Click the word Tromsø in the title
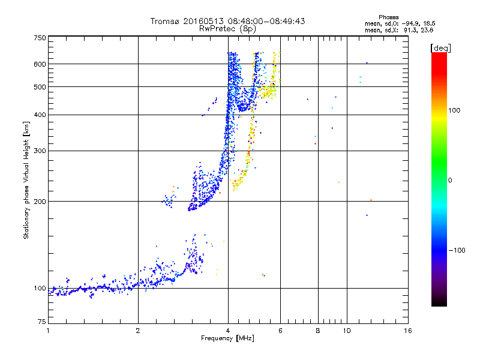coord(165,21)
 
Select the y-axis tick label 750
coord(40,38)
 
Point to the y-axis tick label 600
coord(40,64)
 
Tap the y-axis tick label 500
coord(40,87)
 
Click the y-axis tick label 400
coord(40,115)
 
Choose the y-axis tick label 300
coord(40,151)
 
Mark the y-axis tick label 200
coord(40,202)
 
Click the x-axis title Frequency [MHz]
coord(227,340)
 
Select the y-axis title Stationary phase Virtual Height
coord(26,180)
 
